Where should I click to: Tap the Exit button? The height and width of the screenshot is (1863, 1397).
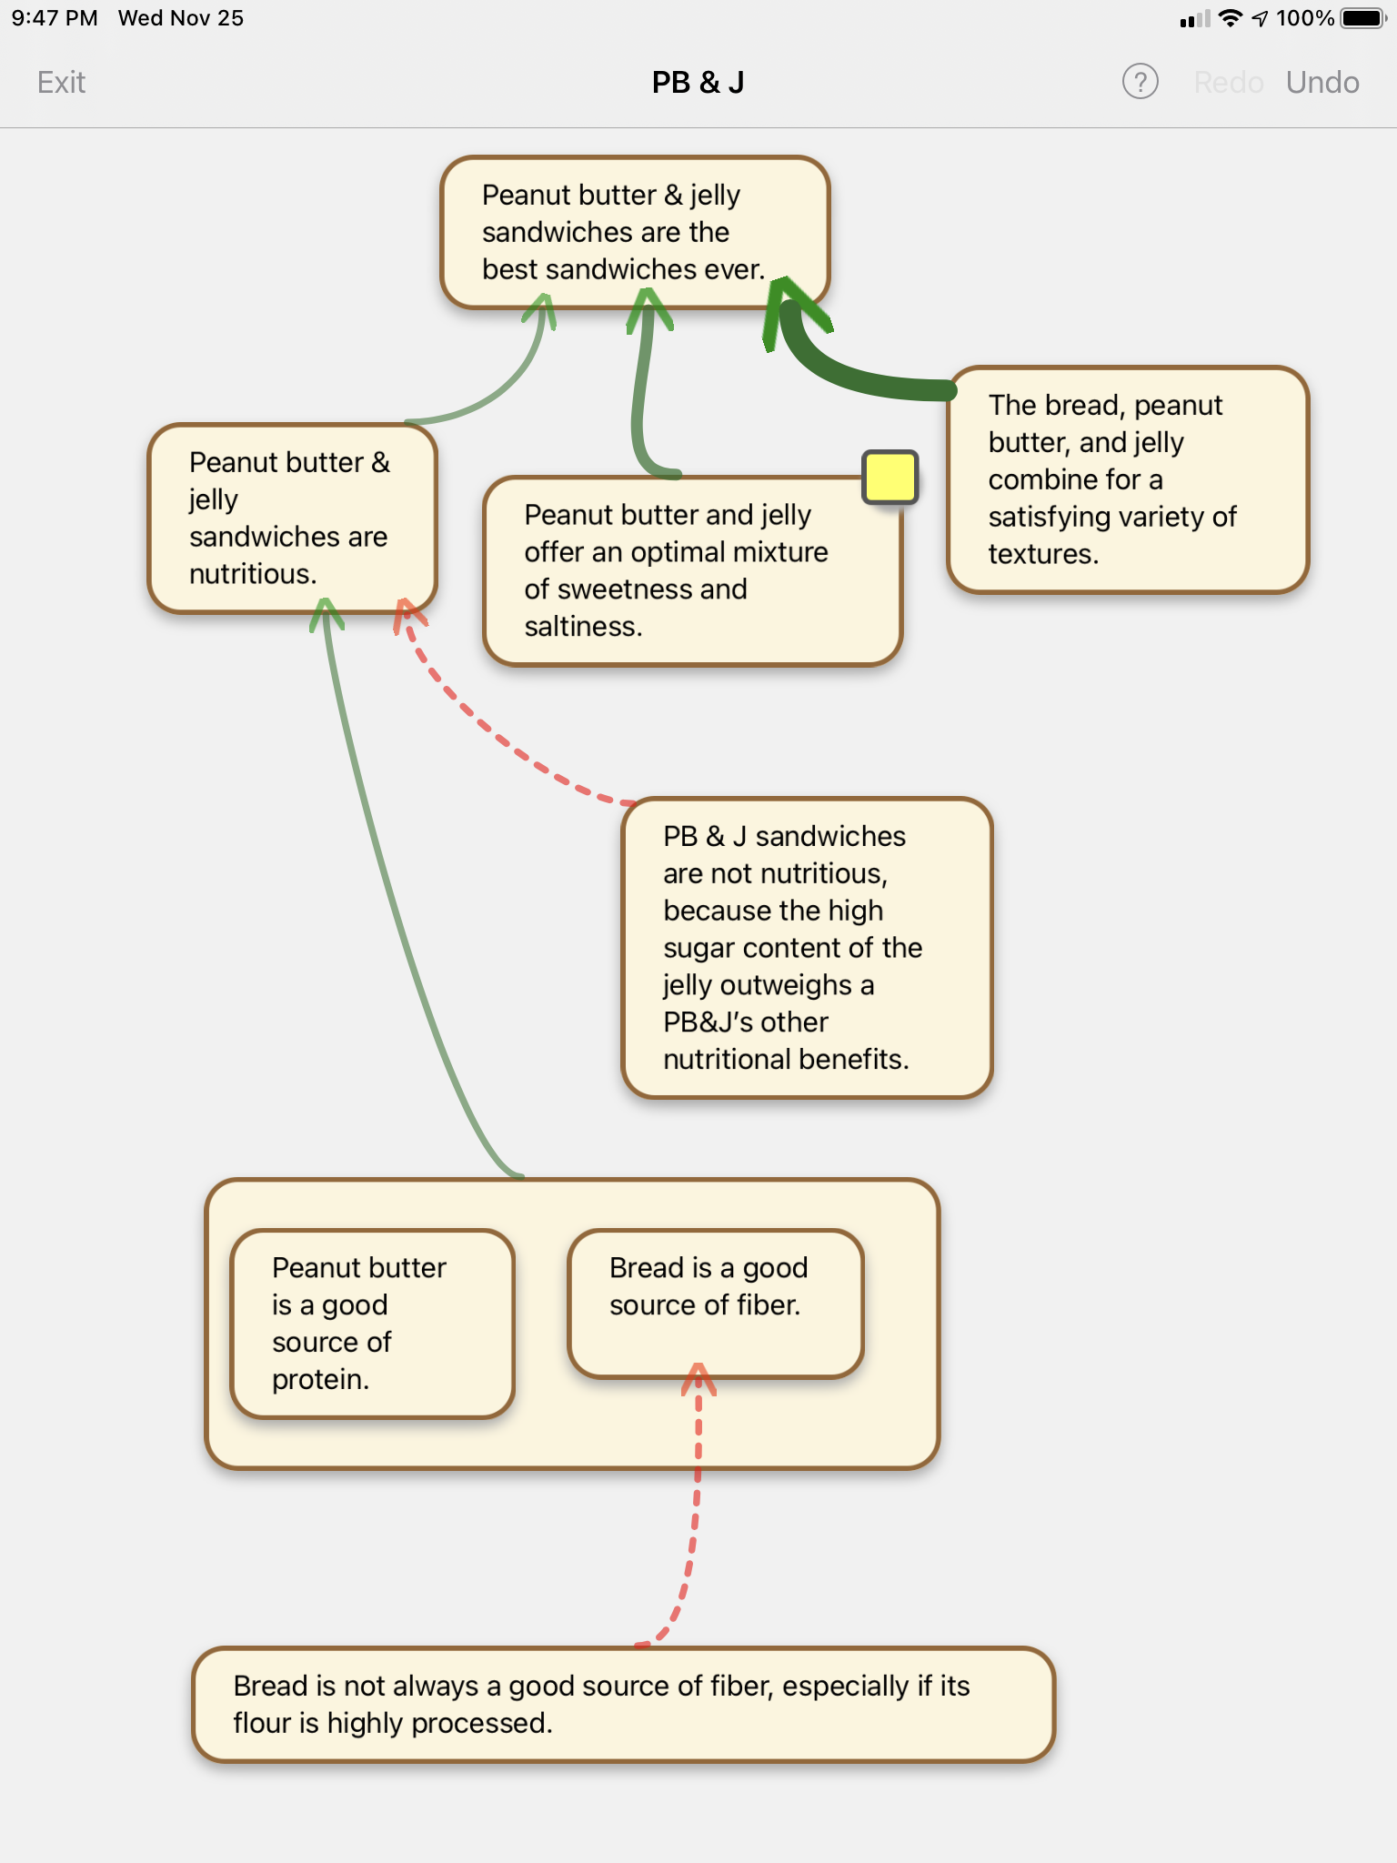(x=61, y=83)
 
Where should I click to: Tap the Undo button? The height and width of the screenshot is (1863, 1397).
(x=1322, y=83)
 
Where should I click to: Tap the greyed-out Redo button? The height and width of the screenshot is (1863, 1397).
(x=1228, y=83)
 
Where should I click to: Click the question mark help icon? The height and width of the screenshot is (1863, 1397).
(x=1140, y=82)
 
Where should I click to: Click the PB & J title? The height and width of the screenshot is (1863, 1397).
(x=698, y=83)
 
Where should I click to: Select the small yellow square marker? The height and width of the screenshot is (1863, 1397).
(x=889, y=477)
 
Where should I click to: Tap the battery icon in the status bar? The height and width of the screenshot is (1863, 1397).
(x=1362, y=18)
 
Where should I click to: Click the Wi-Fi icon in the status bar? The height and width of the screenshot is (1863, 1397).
(x=1230, y=18)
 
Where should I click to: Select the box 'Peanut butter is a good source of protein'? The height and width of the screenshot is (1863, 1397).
(x=372, y=1323)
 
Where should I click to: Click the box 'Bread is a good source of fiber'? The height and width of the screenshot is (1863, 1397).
(x=715, y=1301)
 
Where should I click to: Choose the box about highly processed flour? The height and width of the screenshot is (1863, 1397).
(x=623, y=1704)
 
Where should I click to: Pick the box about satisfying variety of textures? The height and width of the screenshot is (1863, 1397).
(x=1127, y=479)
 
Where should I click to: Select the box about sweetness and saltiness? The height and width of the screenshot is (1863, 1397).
(x=691, y=571)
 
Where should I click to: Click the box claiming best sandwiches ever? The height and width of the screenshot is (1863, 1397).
(x=635, y=232)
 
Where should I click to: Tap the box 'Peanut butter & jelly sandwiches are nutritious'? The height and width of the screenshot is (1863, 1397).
(x=291, y=518)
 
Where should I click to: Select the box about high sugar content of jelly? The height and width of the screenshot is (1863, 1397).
(x=807, y=948)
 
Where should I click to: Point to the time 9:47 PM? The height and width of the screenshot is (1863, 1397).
(x=55, y=18)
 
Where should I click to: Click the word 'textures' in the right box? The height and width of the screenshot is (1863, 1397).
(x=1043, y=554)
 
